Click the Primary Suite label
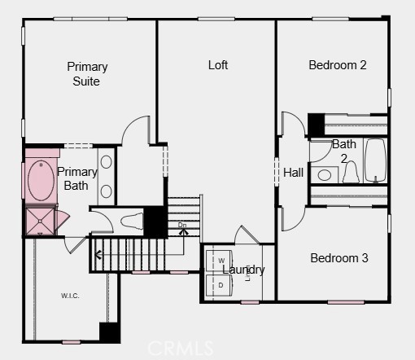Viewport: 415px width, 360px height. coord(87,73)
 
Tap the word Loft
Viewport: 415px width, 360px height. coord(217,65)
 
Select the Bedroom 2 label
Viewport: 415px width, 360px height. coord(337,65)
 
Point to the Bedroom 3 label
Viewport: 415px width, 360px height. coord(339,258)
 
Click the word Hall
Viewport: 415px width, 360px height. coord(293,173)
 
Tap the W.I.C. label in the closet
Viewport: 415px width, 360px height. coord(70,295)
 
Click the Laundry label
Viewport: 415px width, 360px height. coord(243,270)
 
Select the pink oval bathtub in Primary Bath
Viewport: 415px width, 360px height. coord(39,181)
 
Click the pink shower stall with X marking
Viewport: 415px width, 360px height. coord(37,220)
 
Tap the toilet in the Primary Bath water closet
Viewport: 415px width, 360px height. coord(131,220)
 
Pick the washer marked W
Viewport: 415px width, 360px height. coord(221,261)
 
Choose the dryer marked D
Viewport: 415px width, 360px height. coord(221,285)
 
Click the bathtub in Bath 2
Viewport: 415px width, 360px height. coord(375,160)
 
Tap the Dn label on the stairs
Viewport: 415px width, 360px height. coord(182,225)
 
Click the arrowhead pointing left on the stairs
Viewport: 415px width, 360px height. coord(98,255)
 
